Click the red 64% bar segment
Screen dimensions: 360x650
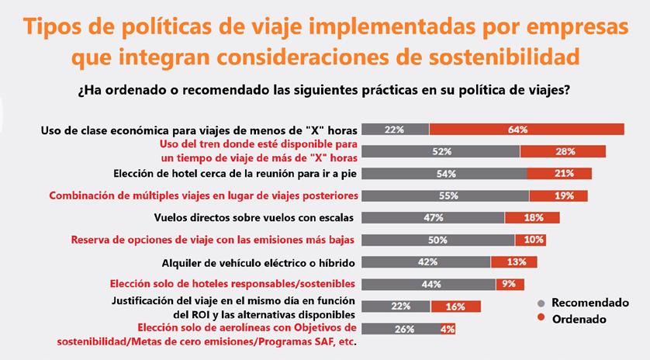pyautogui.click(x=527, y=130)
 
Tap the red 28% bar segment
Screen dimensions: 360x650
pyautogui.click(x=562, y=151)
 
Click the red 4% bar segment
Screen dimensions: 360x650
pyautogui.click(x=447, y=329)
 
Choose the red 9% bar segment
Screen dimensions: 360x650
pyautogui.click(x=510, y=284)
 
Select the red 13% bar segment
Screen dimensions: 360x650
pyautogui.click(x=519, y=262)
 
